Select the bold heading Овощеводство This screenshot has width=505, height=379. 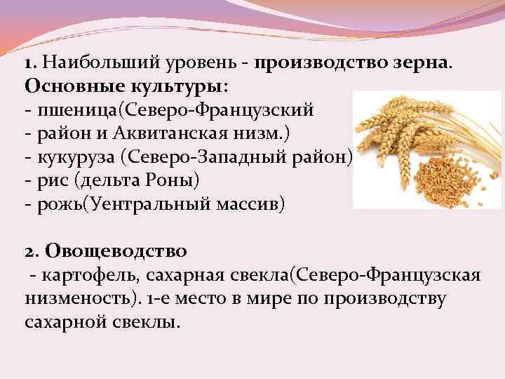coord(116,250)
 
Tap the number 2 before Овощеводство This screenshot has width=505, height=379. coord(29,250)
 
